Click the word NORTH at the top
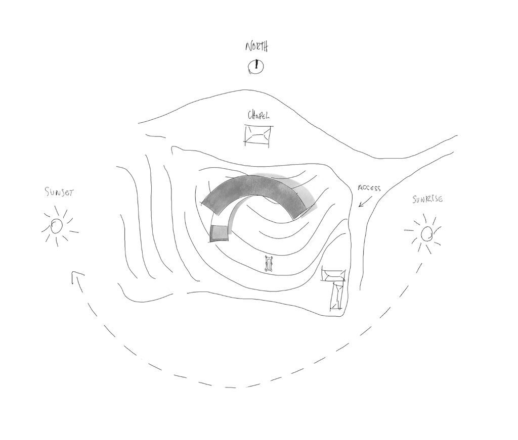pos(256,46)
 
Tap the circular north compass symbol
pos(255,67)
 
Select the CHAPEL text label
pos(258,115)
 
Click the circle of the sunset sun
pos(57,226)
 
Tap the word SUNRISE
pos(427,199)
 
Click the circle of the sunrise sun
pos(427,234)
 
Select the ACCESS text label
pos(369,188)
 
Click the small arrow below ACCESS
pos(365,202)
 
